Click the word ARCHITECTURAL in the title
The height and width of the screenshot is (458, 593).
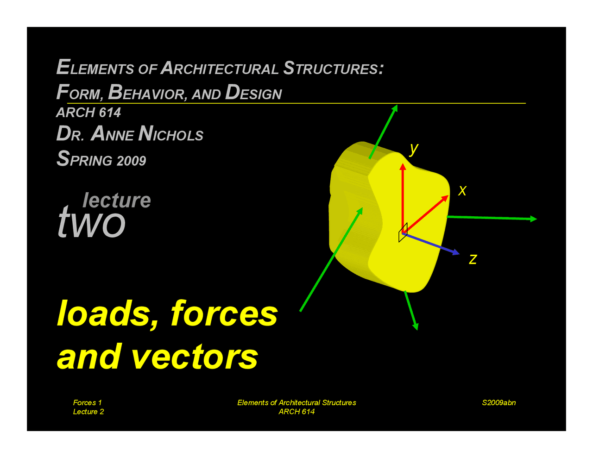(220, 69)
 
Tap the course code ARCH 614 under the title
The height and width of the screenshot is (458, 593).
(88, 113)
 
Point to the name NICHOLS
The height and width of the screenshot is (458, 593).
(171, 134)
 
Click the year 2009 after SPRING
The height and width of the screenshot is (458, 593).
(132, 161)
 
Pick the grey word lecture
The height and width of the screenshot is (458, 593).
(117, 200)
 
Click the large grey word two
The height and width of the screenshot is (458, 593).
(92, 222)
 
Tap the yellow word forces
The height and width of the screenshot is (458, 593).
(224, 313)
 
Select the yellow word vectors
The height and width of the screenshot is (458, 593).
(195, 357)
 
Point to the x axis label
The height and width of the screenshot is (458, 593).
(462, 190)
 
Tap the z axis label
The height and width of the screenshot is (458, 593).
(473, 258)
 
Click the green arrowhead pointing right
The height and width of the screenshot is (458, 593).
(534, 219)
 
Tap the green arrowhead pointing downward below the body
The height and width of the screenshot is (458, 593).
(416, 326)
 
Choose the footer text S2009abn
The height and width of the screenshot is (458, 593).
(498, 402)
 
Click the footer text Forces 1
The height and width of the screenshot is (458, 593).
(87, 402)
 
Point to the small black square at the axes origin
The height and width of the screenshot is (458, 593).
(403, 233)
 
